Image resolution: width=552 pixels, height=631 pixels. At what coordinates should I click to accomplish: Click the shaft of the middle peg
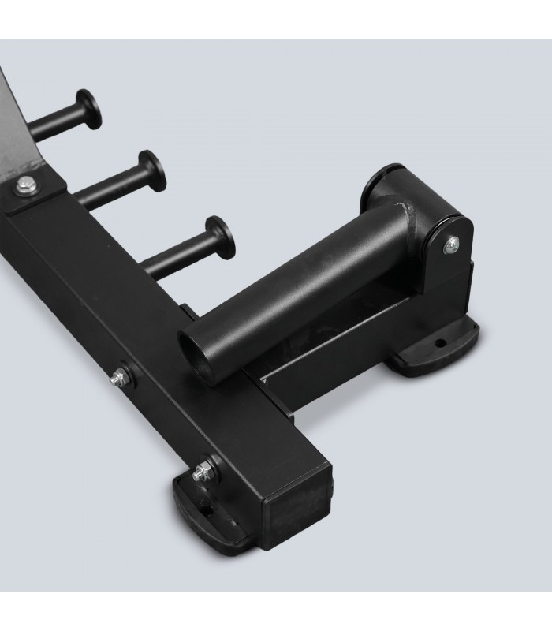coord(110,185)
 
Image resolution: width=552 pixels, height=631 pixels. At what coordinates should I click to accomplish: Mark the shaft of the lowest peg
coord(177,252)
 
